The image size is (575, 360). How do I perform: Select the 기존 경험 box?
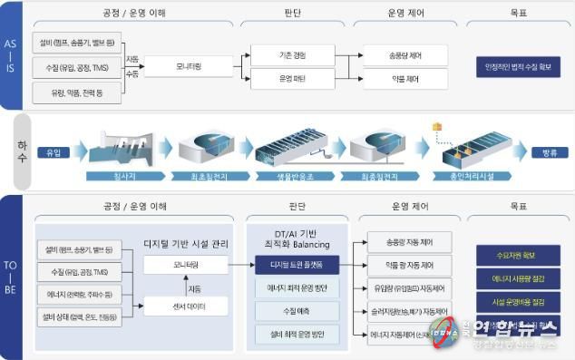pos(292,55)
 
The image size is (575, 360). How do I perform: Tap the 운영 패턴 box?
pos(292,79)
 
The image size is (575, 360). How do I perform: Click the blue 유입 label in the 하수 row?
pos(54,152)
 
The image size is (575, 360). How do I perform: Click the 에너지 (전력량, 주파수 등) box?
pos(79,294)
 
